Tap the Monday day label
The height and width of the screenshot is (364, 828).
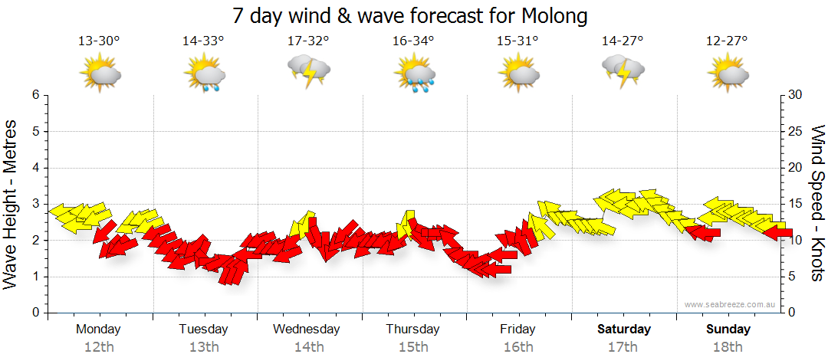(x=98, y=330)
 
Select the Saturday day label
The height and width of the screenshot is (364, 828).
(x=624, y=330)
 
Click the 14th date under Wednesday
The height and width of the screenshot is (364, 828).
(x=308, y=347)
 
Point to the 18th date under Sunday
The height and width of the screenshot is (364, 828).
(x=728, y=347)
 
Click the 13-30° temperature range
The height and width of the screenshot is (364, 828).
(x=99, y=41)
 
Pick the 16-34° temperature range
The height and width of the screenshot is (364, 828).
(x=413, y=41)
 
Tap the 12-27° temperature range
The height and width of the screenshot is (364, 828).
(x=728, y=41)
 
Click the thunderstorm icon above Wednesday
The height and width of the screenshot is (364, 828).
(x=309, y=71)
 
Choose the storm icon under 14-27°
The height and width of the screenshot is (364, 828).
(x=623, y=71)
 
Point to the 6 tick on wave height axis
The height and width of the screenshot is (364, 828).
(x=35, y=95)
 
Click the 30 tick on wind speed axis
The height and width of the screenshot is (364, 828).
(x=795, y=95)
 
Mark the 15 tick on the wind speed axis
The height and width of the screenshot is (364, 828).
(x=795, y=204)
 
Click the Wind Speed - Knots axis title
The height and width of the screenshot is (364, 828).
(x=816, y=204)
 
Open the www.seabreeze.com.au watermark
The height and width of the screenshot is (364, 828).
(x=731, y=305)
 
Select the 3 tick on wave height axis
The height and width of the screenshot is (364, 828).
(x=35, y=204)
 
